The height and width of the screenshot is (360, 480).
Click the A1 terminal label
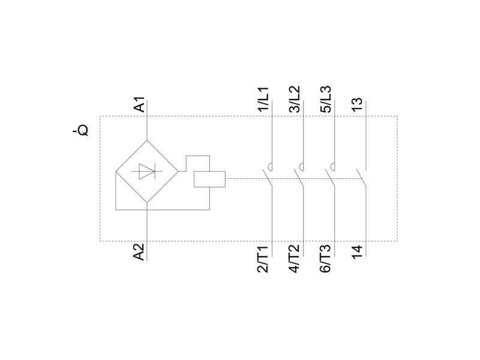click(x=140, y=104)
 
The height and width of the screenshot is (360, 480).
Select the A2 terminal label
click(x=139, y=252)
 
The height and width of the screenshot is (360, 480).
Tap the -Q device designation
click(x=81, y=130)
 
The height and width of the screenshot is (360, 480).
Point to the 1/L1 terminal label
click(x=263, y=99)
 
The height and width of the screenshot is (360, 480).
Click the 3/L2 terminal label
click(x=295, y=99)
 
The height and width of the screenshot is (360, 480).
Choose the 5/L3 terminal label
click(x=326, y=99)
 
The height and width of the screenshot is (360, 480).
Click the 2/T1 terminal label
click(x=263, y=259)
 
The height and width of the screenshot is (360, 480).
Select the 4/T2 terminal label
click(x=294, y=259)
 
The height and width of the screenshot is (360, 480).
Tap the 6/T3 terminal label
click(x=325, y=259)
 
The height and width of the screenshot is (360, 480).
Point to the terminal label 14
click(x=357, y=252)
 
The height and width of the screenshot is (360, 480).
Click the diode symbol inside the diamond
click(x=147, y=171)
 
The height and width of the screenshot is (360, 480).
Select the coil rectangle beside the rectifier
click(x=209, y=179)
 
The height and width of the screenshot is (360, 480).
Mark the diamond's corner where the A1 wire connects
click(x=147, y=140)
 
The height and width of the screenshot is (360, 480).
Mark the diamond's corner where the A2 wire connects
click(x=147, y=203)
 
